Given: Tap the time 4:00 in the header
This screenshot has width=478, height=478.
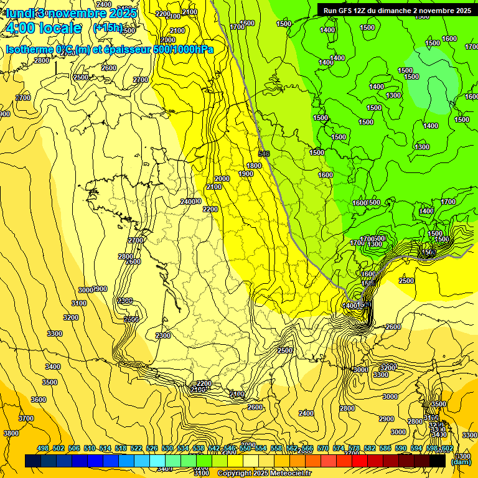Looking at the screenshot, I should point(20,28).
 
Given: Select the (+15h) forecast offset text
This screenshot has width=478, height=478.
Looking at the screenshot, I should point(108,28).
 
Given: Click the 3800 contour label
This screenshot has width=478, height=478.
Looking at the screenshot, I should point(11,433).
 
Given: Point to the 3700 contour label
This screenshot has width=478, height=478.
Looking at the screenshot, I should point(26,418).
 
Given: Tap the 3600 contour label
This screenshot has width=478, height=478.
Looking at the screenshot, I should point(39,400).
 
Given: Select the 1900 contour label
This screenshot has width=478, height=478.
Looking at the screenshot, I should point(245,174).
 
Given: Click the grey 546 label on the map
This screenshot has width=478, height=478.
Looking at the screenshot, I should point(264,153).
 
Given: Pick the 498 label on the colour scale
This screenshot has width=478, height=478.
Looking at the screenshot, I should point(43,448).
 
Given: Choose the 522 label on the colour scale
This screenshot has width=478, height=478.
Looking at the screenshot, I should point(136,448).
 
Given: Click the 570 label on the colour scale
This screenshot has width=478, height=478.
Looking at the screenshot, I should point(323,448).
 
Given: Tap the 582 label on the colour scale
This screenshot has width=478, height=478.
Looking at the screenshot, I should point(370,448).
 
